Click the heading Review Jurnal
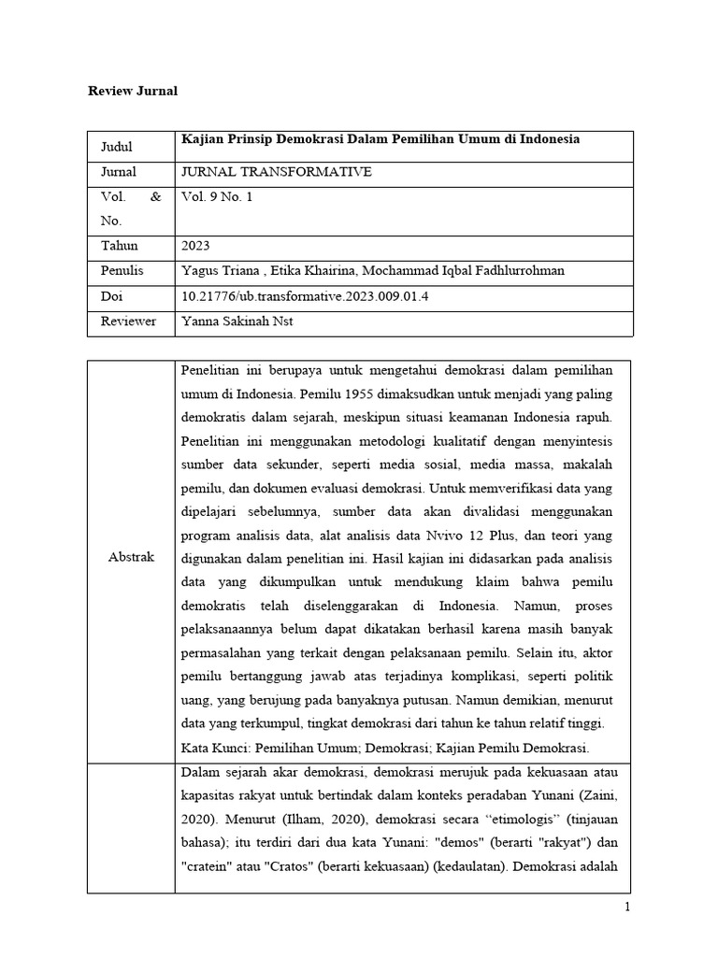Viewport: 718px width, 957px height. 132,91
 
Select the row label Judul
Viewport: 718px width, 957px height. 116,147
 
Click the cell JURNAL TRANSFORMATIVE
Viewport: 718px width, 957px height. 276,172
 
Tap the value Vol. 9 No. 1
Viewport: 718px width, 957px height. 217,197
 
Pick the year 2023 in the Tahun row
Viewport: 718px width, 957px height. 195,246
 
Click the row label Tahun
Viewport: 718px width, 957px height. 119,246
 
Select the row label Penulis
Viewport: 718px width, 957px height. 122,271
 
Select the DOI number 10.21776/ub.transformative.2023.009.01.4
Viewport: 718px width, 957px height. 309,296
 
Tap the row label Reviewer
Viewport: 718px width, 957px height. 126,321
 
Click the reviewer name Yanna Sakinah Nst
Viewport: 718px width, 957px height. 238,321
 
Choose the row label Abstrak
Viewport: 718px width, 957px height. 131,557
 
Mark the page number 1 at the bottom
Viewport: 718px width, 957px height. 628,907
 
